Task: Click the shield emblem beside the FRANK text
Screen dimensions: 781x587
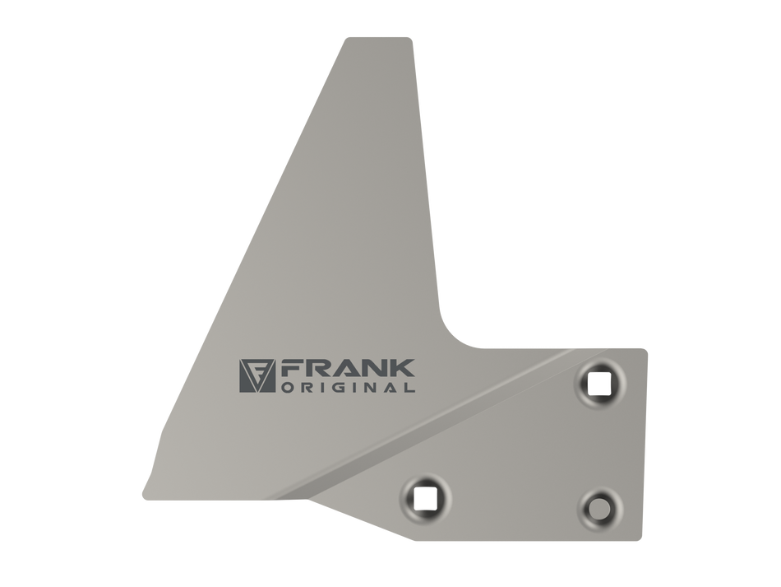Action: tap(257, 375)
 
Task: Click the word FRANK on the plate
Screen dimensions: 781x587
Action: tap(348, 369)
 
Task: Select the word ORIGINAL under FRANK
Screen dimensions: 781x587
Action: tap(349, 388)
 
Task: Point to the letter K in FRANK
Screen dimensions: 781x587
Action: tap(403, 369)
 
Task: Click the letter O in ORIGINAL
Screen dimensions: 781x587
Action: tap(288, 388)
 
